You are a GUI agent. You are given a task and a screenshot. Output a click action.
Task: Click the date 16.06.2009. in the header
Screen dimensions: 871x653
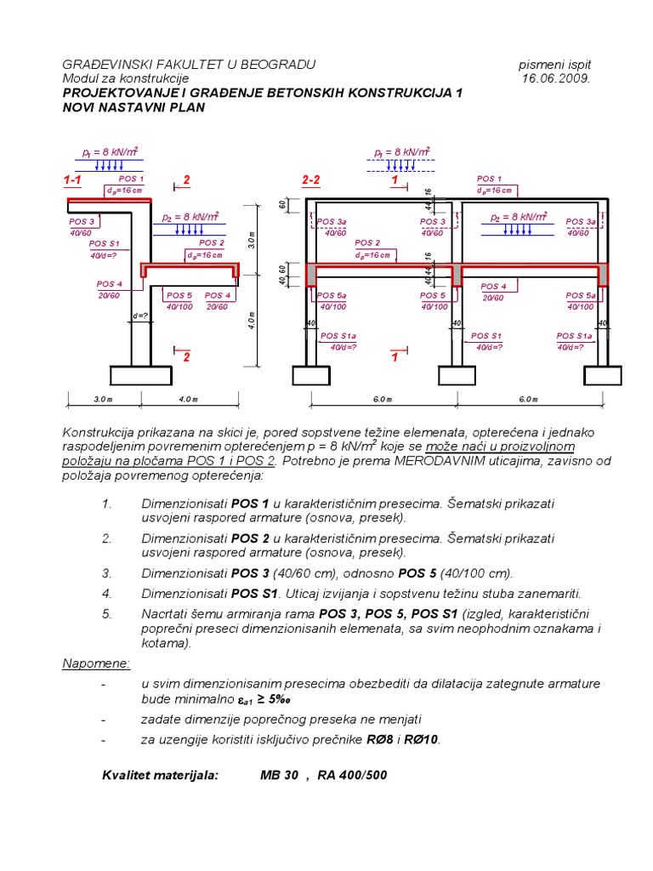pos(556,78)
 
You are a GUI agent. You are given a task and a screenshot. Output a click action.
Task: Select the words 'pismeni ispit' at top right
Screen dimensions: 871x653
pos(554,65)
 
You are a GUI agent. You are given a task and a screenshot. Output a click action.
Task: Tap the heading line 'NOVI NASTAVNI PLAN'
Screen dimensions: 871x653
pos(133,108)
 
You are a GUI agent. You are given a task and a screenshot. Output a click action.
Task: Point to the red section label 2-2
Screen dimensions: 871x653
pos(311,180)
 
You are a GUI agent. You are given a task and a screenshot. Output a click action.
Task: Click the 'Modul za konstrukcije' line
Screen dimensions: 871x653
pos(125,78)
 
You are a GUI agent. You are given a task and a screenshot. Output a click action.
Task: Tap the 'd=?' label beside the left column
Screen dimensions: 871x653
pos(139,317)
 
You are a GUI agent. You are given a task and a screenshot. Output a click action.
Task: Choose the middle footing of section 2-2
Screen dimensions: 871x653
pos(456,375)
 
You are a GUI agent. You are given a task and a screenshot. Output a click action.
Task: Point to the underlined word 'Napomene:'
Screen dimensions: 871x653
pos(96,663)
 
